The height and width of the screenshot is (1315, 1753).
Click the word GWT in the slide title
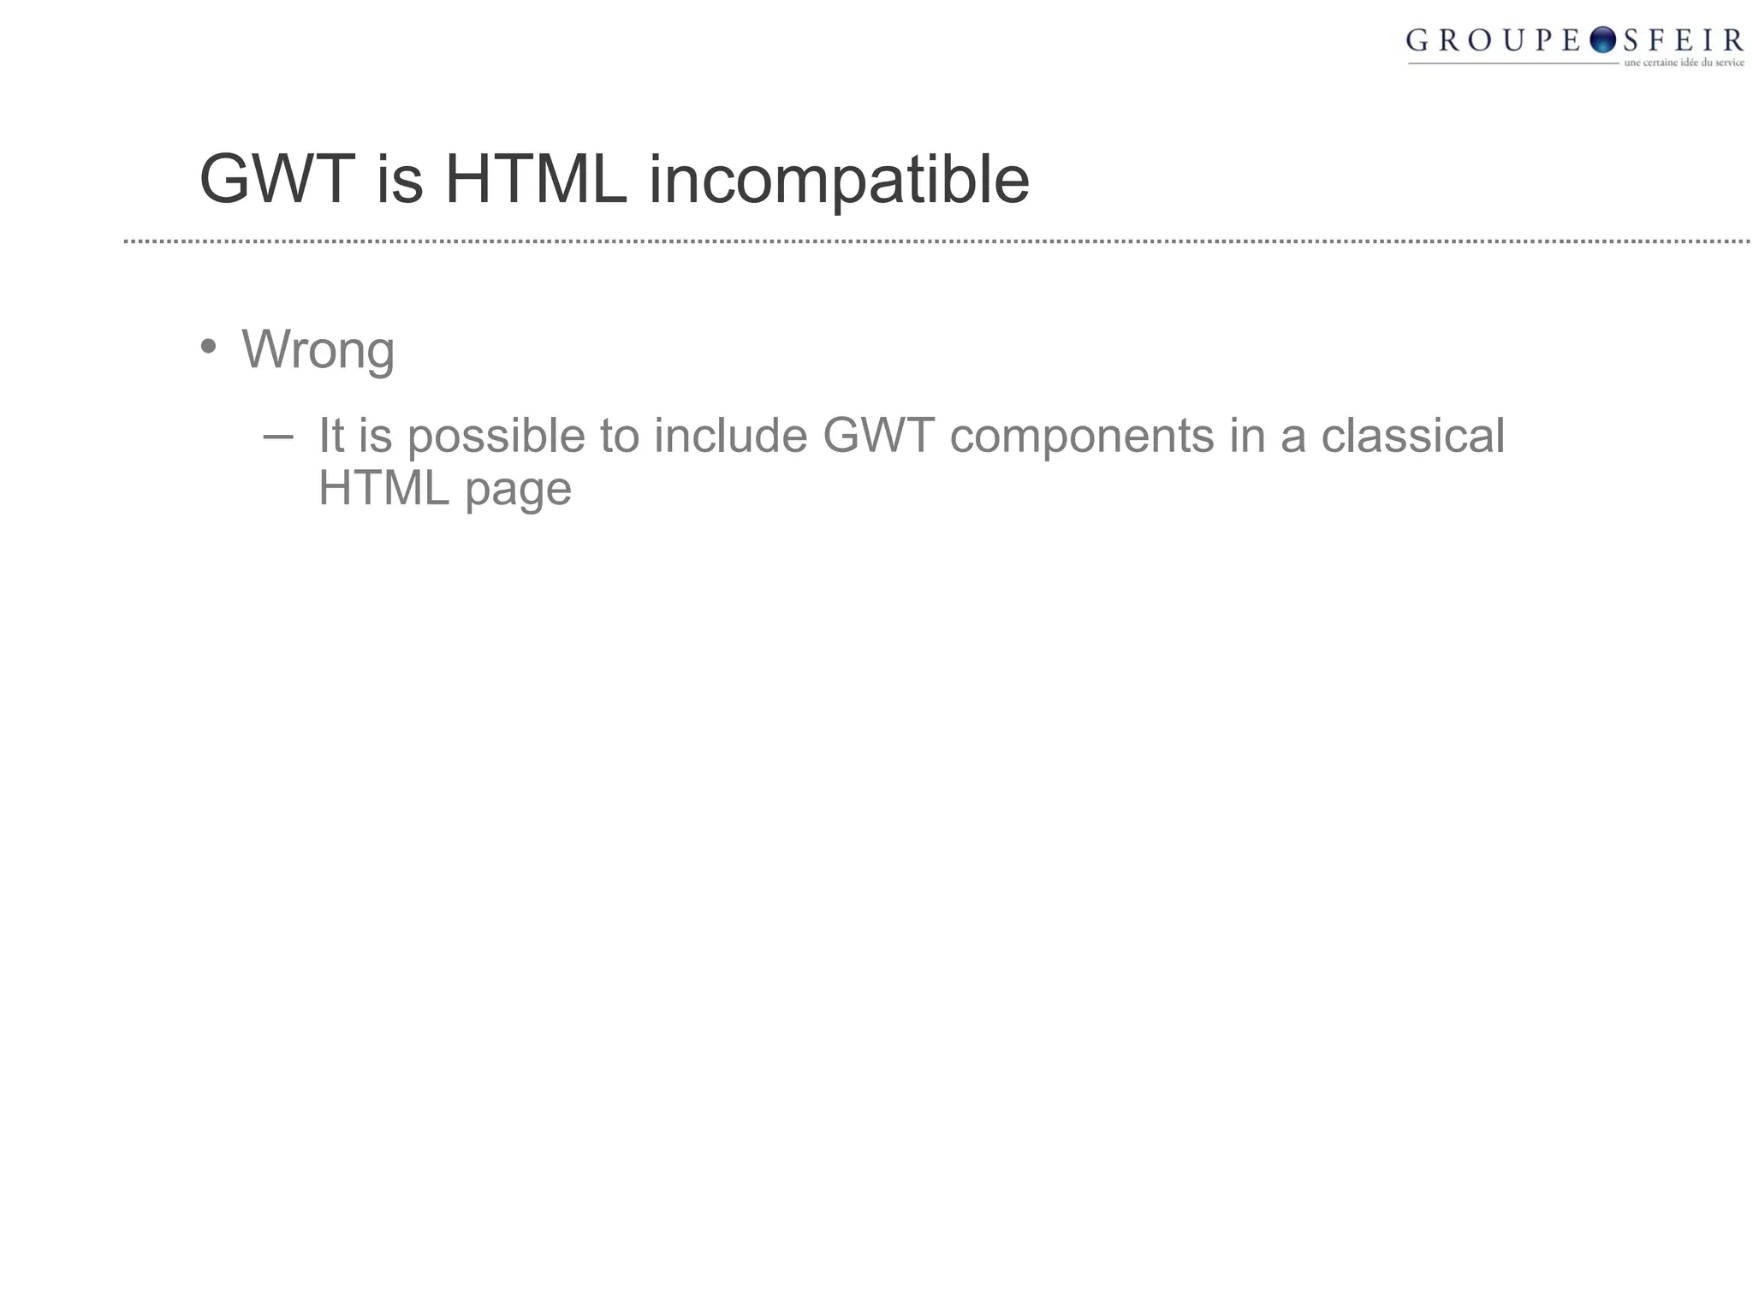tap(276, 180)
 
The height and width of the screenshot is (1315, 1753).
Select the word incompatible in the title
tap(839, 181)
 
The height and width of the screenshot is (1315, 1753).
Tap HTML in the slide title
tap(536, 180)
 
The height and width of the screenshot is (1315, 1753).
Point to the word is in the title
tap(399, 180)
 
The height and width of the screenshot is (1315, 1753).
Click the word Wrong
tap(318, 350)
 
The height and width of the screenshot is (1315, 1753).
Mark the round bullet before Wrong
tap(208, 347)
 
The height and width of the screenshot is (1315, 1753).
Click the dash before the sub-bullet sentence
tap(277, 437)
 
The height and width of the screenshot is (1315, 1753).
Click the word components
tap(1082, 437)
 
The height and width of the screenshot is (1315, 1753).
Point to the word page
tap(518, 491)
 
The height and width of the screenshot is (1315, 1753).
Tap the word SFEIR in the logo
tap(1683, 40)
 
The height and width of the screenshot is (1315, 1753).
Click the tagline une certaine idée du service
tap(1684, 62)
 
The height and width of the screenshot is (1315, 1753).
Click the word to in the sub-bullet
tap(620, 436)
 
